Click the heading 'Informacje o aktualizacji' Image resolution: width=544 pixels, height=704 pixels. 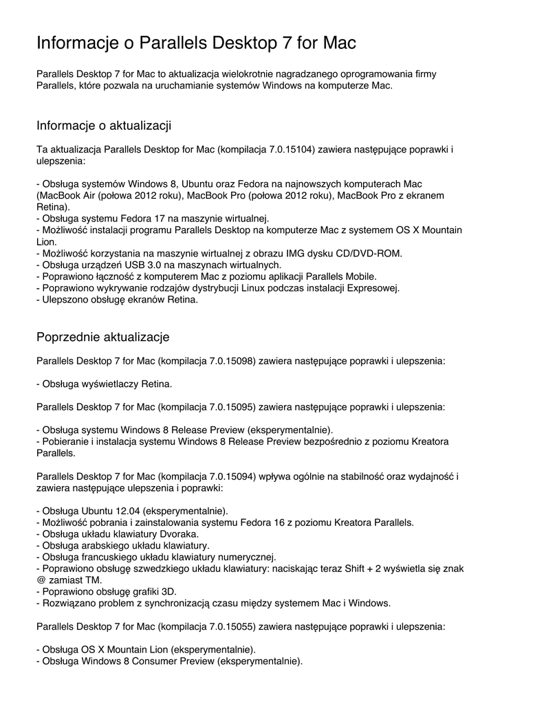tap(103, 125)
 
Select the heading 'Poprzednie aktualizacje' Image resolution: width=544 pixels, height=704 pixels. tap(102, 337)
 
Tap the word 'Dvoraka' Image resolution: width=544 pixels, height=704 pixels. tap(179, 533)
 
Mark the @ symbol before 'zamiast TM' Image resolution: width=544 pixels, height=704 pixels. tap(41, 580)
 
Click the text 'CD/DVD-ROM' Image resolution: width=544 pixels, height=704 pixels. tap(373, 253)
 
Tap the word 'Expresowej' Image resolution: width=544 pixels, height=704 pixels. tap(373, 287)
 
